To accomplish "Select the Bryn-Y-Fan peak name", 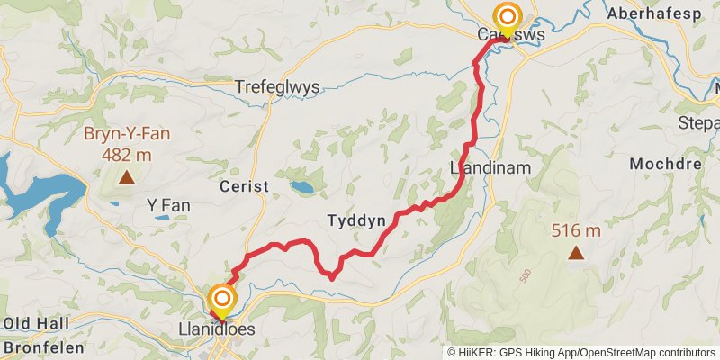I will click(x=127, y=135).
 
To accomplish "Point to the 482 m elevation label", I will click(x=127, y=154).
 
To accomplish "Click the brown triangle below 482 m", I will click(x=127, y=177).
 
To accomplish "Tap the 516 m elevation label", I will click(x=575, y=231).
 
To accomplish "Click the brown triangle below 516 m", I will click(x=575, y=254).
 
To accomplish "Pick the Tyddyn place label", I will click(x=356, y=220).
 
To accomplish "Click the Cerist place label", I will click(x=244, y=185).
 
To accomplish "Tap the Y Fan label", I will click(x=168, y=206).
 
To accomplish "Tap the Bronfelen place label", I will click(x=36, y=346).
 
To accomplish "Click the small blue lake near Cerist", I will click(x=302, y=188).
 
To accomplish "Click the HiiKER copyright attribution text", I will click(x=581, y=353).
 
